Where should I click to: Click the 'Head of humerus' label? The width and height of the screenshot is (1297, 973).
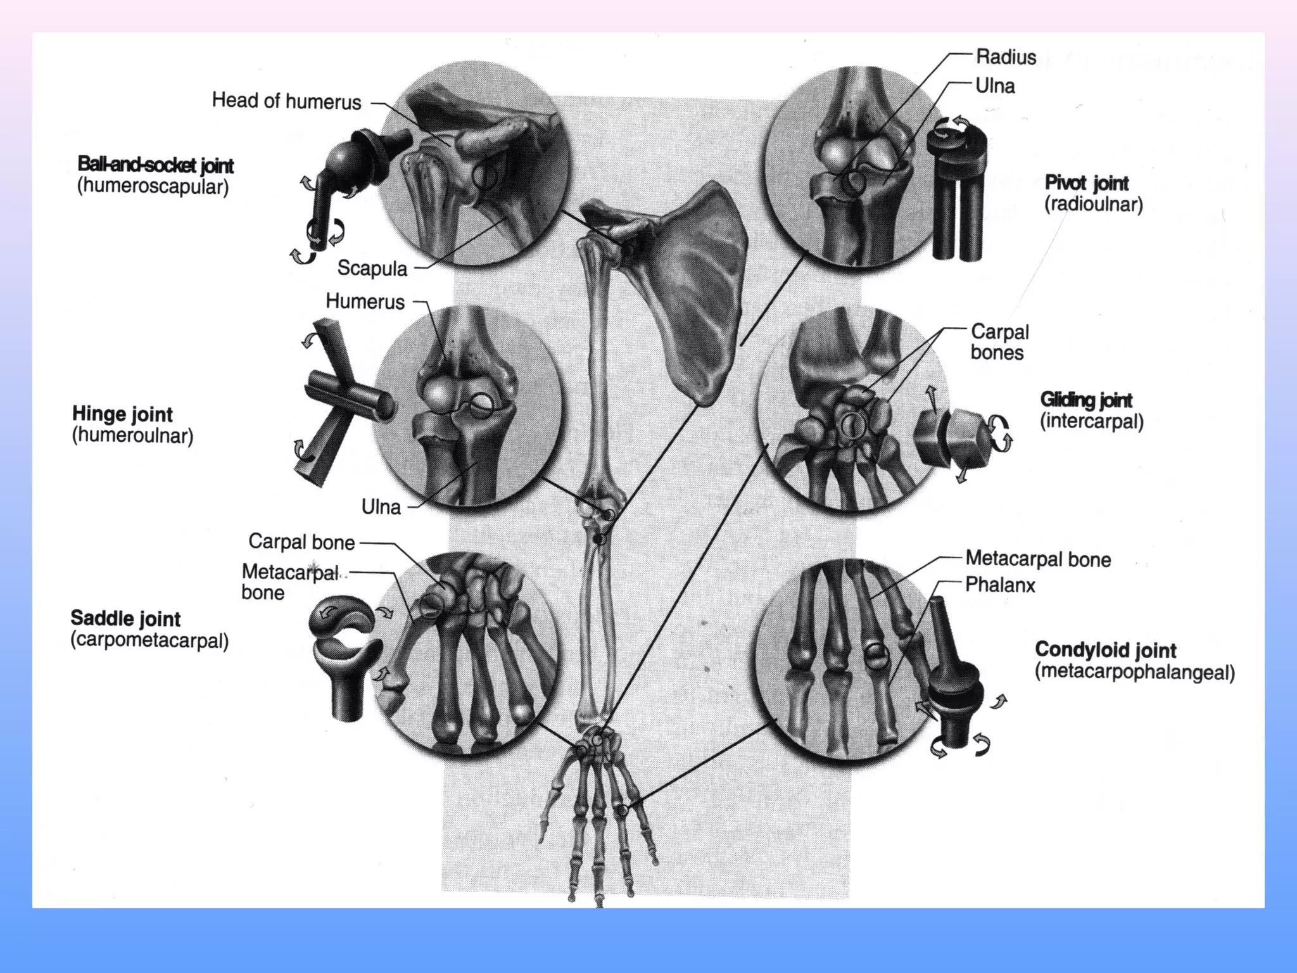[x=286, y=101]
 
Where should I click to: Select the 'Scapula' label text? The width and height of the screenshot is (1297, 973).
[x=372, y=268]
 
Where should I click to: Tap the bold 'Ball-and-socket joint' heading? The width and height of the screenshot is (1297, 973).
[x=155, y=165]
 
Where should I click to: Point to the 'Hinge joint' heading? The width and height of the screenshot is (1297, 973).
[x=122, y=414]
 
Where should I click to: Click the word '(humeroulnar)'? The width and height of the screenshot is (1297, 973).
[x=132, y=436]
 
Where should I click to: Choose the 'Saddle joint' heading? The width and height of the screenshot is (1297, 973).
[x=125, y=618]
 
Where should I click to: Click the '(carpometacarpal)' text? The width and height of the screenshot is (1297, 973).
[x=149, y=640]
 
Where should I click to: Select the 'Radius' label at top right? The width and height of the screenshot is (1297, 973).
[x=1006, y=57]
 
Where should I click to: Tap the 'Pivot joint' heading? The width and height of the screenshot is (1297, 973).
[x=1086, y=183]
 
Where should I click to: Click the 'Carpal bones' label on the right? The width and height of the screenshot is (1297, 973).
[x=999, y=342]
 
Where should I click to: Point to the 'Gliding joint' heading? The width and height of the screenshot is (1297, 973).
[x=1086, y=400]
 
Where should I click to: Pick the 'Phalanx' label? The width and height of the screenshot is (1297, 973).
[x=1000, y=585]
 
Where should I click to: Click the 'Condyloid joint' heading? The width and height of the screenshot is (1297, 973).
[x=1105, y=650]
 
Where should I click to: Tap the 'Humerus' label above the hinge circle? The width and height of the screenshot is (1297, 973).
[x=365, y=302]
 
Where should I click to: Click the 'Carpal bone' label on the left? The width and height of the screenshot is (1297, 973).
[x=301, y=542]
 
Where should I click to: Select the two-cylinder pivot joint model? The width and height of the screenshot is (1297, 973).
[x=957, y=190]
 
